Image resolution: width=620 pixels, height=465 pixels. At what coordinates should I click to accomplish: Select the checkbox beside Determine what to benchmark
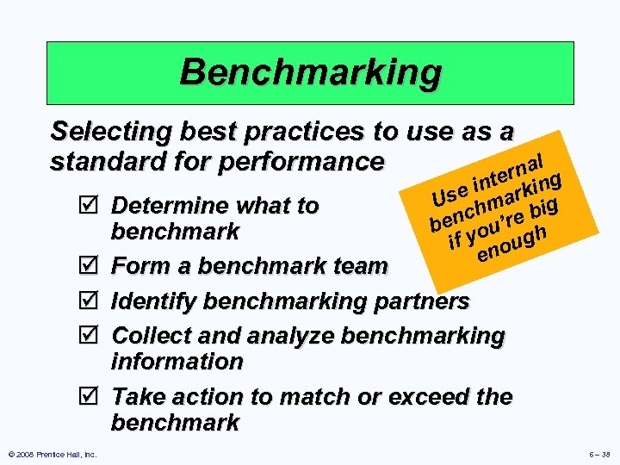point(95,206)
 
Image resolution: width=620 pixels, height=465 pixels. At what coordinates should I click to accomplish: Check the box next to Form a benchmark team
point(95,265)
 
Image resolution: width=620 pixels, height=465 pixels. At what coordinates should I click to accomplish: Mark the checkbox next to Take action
point(95,397)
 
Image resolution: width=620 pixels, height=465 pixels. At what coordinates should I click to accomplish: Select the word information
point(177,362)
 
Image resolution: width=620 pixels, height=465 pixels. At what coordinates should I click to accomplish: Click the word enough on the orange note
point(513,244)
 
